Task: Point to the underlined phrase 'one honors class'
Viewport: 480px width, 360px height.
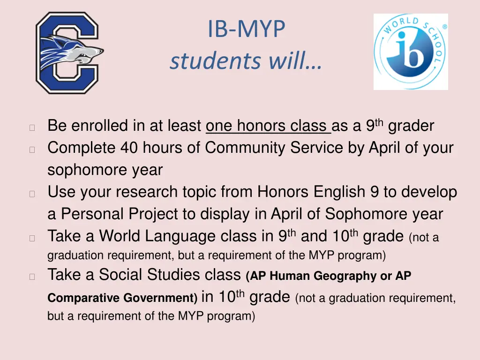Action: [268, 126]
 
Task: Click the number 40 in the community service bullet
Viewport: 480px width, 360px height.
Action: [129, 148]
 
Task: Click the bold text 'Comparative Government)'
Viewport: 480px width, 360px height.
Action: [123, 298]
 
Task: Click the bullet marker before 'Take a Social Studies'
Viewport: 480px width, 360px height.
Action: [32, 277]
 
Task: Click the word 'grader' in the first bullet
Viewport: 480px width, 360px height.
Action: [411, 126]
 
